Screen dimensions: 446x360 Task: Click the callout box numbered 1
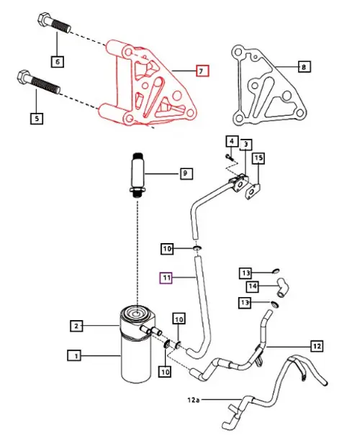(x=73, y=355)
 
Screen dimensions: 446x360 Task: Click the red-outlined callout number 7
(x=202, y=71)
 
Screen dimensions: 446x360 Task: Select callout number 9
(x=185, y=173)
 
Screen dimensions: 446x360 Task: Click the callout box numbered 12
(x=316, y=345)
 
